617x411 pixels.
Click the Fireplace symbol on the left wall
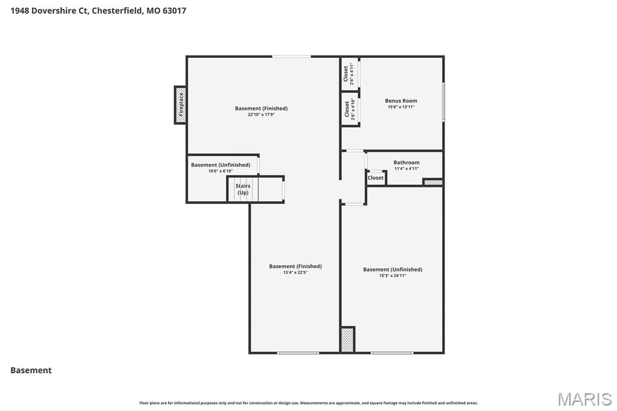coord(180,105)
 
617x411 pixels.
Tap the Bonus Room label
coord(401,101)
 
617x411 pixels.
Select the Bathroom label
coord(407,162)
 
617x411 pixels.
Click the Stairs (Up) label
coord(243,189)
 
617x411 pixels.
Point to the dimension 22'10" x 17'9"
coord(261,115)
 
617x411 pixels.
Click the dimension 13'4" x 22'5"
coord(295,272)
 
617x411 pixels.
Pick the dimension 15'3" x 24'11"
coord(392,275)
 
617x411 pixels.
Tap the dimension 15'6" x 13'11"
coord(401,107)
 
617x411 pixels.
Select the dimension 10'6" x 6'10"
coord(220,171)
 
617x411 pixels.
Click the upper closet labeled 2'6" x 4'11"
coord(349,74)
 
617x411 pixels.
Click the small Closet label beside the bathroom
coord(375,178)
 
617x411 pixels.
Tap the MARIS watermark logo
coord(584,398)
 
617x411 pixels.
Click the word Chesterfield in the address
coord(117,10)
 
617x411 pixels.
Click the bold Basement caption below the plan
coord(31,370)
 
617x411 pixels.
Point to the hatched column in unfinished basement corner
coord(348,339)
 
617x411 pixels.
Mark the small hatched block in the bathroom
coord(433,182)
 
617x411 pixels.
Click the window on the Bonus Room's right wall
coord(443,102)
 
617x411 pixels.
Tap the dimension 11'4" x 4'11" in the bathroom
coord(407,168)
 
